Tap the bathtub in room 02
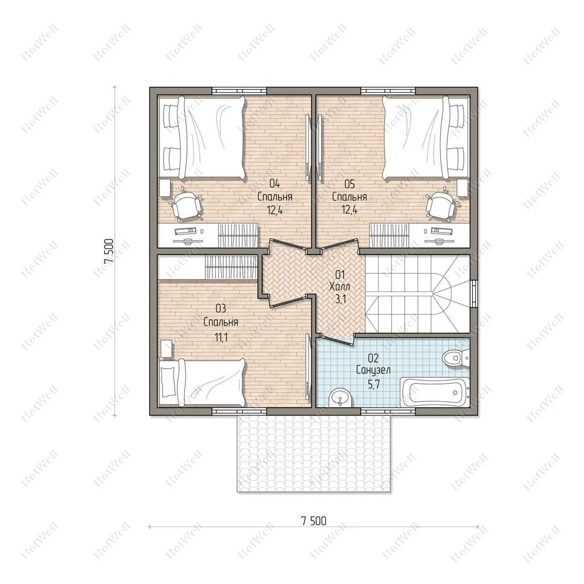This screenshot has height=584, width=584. (435, 392)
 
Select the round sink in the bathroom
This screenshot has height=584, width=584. (341, 397)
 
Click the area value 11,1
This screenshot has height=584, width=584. (221, 337)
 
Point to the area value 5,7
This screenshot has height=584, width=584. (373, 385)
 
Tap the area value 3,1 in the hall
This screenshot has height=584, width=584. (340, 299)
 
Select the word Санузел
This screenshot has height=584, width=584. (373, 370)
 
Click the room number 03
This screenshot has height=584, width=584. (221, 309)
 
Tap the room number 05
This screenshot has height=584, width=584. (349, 183)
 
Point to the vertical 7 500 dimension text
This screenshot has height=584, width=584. (109, 251)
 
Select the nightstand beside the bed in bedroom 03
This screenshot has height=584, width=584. (165, 348)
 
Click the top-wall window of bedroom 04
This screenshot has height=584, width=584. (239, 91)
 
